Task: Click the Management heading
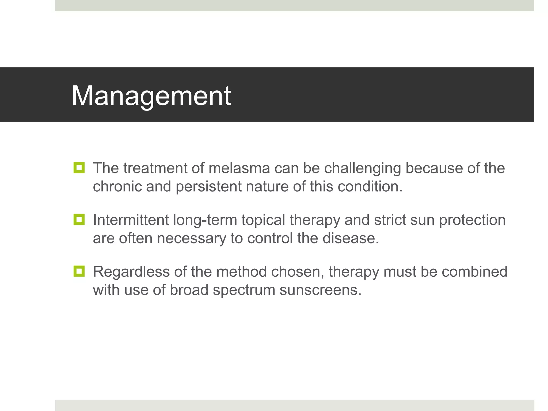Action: tap(151, 96)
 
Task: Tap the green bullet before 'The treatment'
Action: tap(79, 168)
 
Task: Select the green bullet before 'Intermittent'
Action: tap(79, 219)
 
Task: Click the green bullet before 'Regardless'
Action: tap(79, 271)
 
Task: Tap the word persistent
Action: tap(208, 187)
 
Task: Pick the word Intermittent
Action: tap(131, 220)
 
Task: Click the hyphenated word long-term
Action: tap(205, 220)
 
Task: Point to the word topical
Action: tap(263, 220)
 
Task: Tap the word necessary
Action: tap(191, 239)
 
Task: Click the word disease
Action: tap(350, 238)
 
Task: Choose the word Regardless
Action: tap(131, 272)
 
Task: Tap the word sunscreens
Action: tap(320, 290)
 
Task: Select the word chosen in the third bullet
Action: tap(297, 272)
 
